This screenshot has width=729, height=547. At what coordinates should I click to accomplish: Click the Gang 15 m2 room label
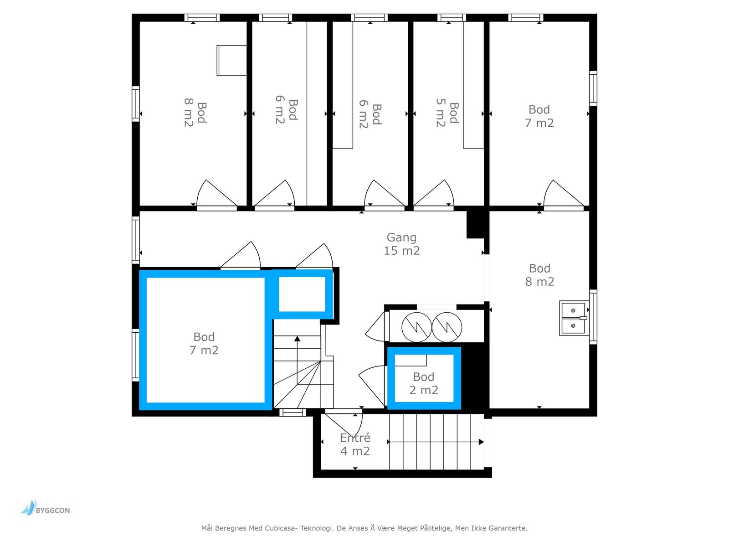(x=401, y=244)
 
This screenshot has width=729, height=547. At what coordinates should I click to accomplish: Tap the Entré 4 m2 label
(x=354, y=444)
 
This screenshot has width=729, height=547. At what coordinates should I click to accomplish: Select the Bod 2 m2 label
(x=423, y=383)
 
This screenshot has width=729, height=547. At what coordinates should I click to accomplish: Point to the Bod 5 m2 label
(x=447, y=113)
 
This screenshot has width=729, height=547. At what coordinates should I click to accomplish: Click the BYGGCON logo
(x=45, y=508)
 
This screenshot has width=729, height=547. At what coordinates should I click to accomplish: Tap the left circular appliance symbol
(x=416, y=327)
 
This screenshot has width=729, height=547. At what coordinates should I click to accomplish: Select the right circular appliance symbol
(x=447, y=327)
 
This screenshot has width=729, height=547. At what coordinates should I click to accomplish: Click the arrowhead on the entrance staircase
(x=481, y=442)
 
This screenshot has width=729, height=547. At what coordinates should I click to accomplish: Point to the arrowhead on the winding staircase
(x=297, y=339)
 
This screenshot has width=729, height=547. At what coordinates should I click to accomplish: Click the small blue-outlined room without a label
(x=302, y=294)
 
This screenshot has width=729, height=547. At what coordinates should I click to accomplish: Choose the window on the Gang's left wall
(x=135, y=240)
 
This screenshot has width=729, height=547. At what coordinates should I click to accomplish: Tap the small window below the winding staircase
(x=292, y=413)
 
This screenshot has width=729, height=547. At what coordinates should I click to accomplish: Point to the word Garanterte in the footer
(x=508, y=528)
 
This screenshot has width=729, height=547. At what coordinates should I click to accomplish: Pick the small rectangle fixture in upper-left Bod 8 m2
(x=231, y=60)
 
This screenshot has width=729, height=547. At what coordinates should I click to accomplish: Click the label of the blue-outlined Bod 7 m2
(x=204, y=343)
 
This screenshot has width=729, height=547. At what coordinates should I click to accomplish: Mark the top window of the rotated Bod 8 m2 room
(x=202, y=18)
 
